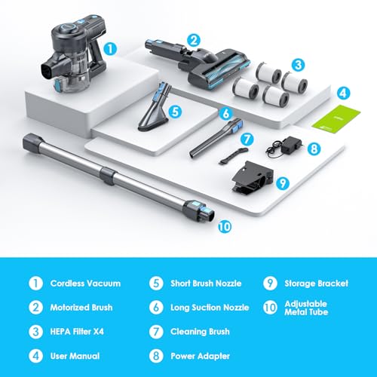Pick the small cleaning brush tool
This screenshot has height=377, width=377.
tap(234, 156)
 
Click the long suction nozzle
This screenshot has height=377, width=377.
tap(216, 138)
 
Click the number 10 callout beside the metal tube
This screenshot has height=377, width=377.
tap(225, 227)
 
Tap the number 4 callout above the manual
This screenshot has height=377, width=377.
tap(343, 93)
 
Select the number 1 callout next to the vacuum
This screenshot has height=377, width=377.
tap(110, 48)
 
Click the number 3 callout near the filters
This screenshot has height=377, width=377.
tap(299, 65)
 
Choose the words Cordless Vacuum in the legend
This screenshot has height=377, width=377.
tap(85, 284)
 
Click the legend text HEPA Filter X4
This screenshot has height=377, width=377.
tap(77, 332)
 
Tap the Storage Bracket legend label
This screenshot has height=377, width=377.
tap(317, 284)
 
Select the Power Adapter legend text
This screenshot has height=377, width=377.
tap(200, 356)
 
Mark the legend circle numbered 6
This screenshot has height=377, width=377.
tap(156, 308)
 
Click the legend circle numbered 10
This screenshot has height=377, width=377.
tap(270, 308)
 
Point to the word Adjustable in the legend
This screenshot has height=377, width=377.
tap(306, 304)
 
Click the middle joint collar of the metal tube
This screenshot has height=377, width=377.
tap(109, 176)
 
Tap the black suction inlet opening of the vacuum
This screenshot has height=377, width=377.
tap(46, 71)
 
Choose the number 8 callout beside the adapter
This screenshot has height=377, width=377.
tap(314, 149)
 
